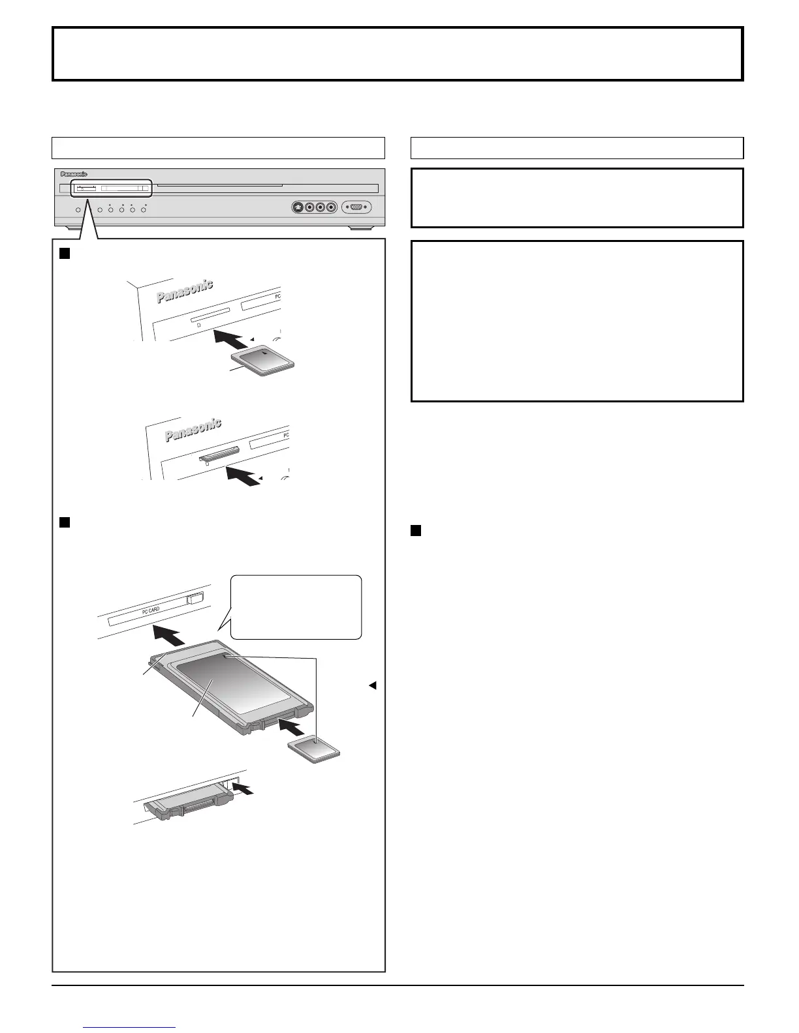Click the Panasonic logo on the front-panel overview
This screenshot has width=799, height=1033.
pos(74,174)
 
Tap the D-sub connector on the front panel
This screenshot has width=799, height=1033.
pos(356,207)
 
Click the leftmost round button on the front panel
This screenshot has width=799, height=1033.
pos(78,210)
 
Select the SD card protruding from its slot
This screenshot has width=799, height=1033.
pos(220,453)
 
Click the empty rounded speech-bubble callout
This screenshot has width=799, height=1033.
pos(296,606)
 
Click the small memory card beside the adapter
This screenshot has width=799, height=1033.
pos(315,746)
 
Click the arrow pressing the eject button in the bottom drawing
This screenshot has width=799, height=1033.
pos(243,789)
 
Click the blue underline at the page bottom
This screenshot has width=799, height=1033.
pos(130,1027)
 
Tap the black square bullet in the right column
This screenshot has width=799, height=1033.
pos(416,531)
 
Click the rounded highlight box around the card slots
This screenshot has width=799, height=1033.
pos(111,189)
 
